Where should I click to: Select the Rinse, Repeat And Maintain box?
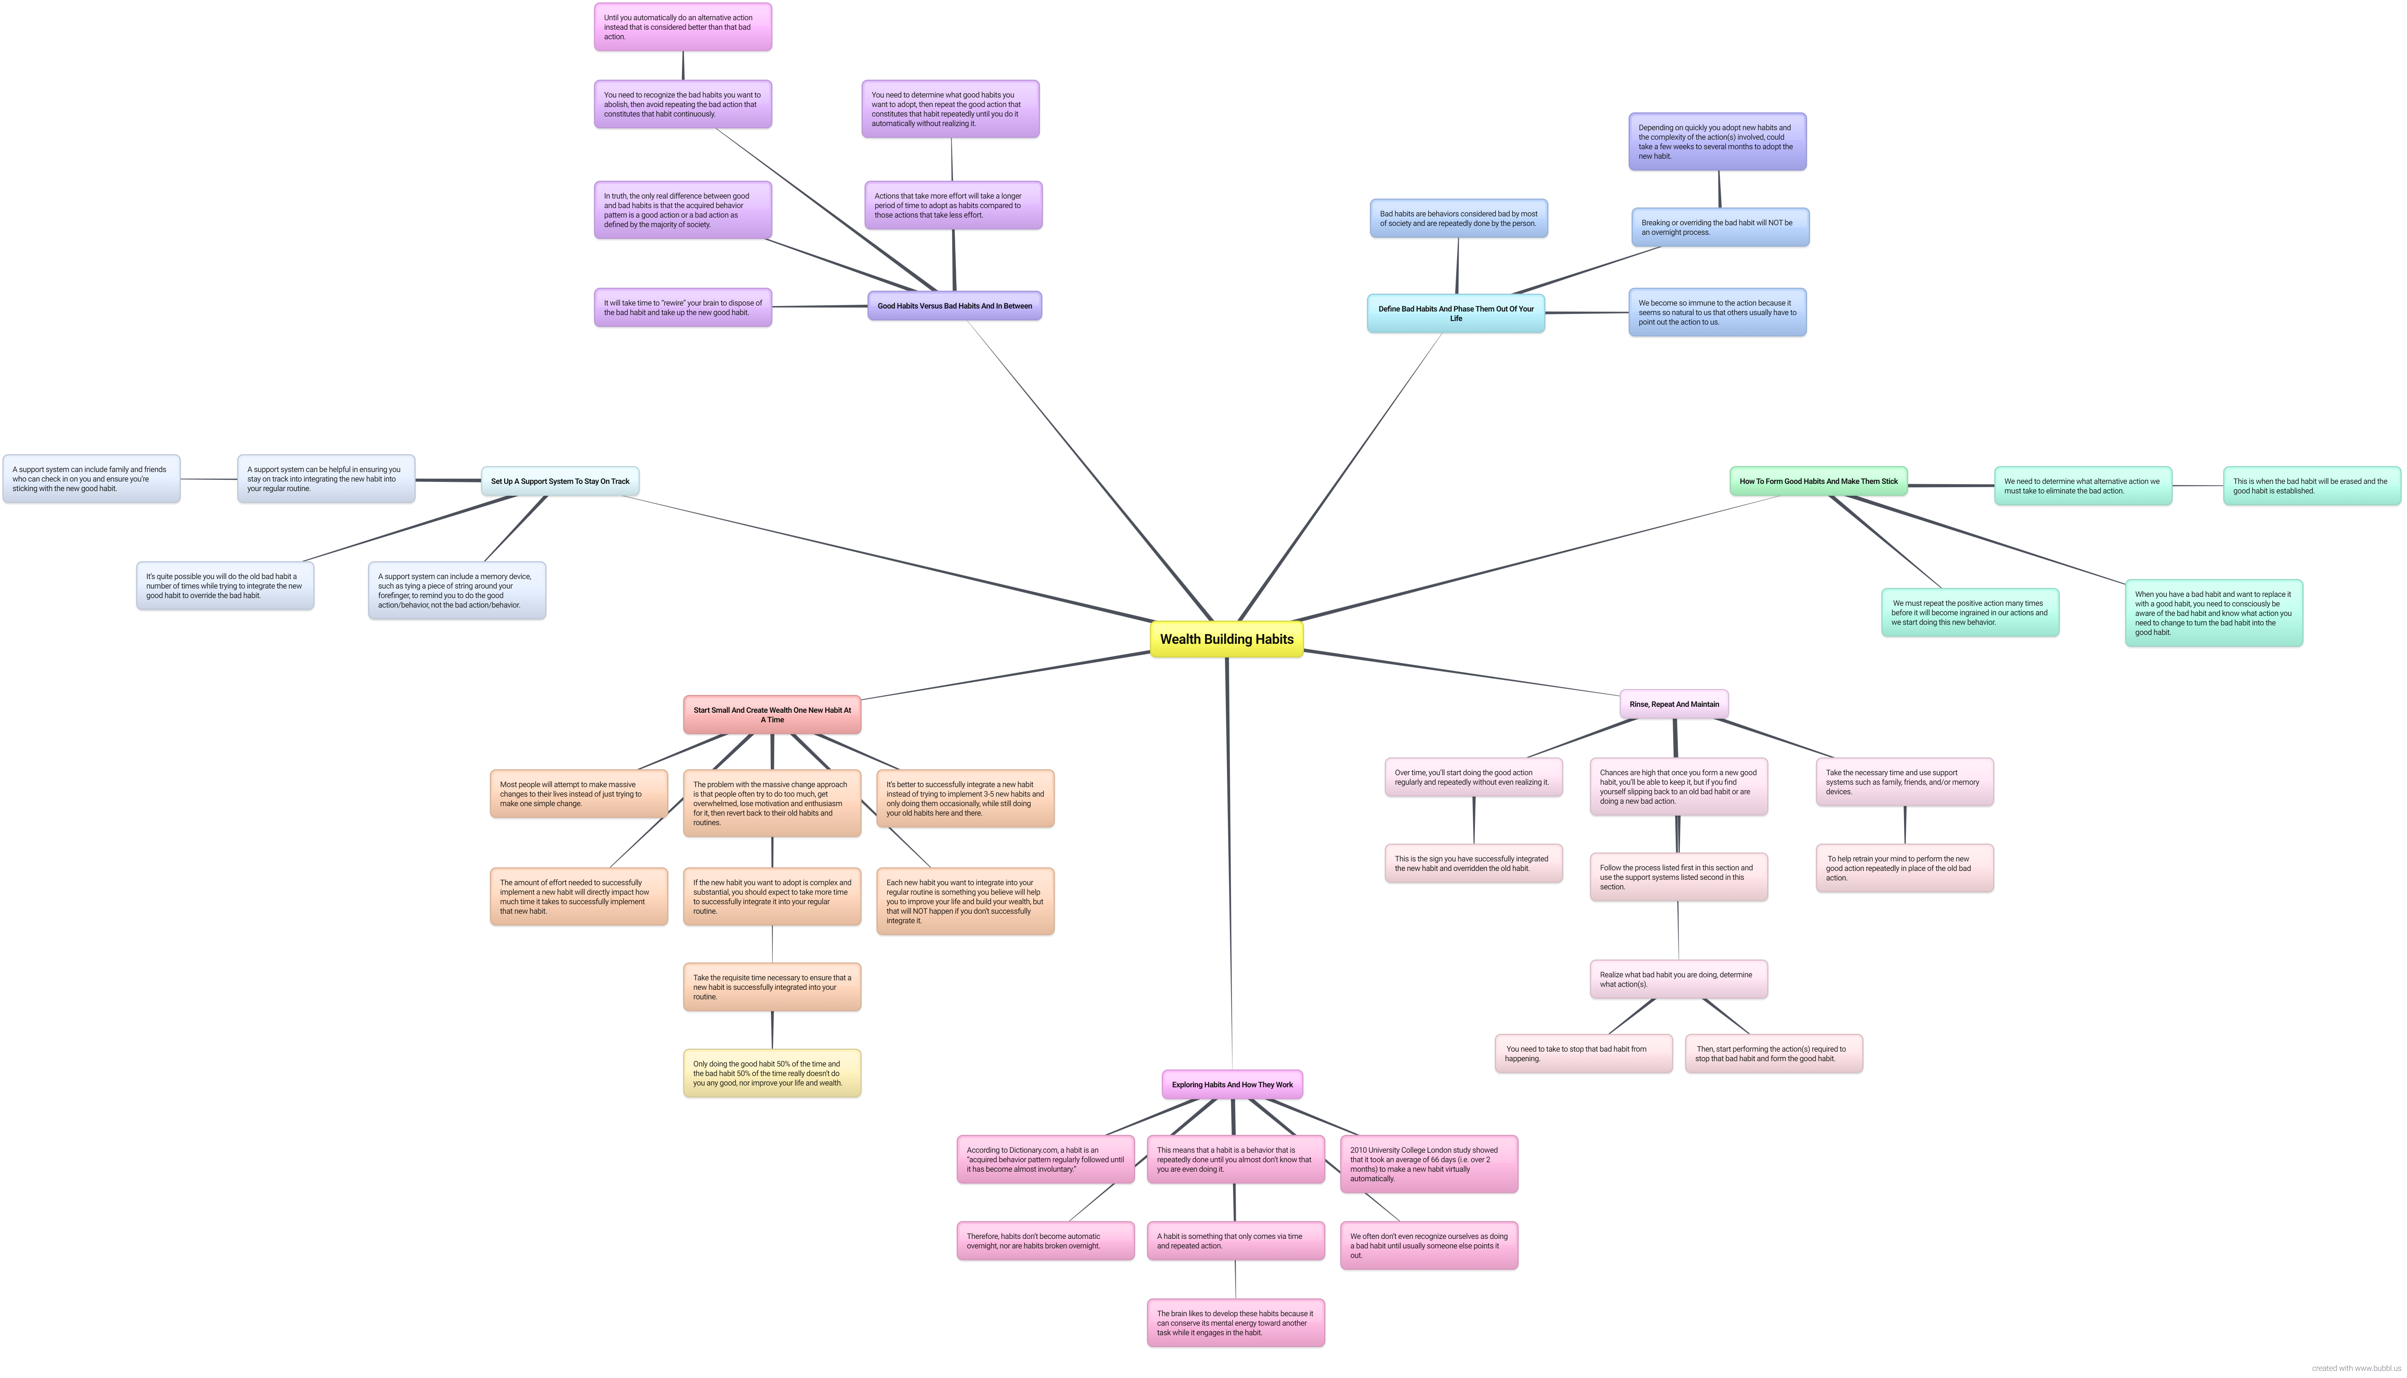1674,704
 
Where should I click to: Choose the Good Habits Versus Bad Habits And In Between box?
954,306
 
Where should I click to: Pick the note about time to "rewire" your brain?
682,308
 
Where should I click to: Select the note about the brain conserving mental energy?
1235,1323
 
